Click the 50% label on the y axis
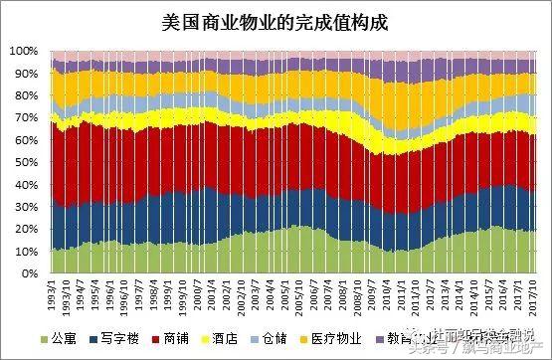(x=26, y=162)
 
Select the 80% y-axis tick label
(x=26, y=95)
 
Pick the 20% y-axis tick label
(x=26, y=229)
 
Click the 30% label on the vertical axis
(x=26, y=207)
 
